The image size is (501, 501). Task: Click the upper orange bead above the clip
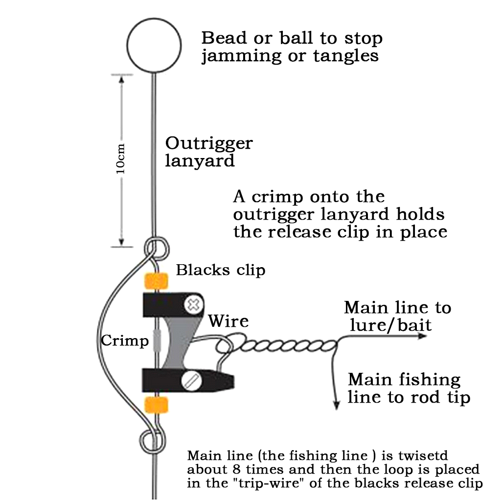point(156,281)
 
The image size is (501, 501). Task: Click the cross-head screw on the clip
point(194,305)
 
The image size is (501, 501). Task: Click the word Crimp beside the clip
point(124,341)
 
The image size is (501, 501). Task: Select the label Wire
point(228,321)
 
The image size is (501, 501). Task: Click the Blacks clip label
point(221,270)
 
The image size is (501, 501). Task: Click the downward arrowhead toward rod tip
point(336,405)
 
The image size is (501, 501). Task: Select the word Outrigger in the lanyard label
point(209,143)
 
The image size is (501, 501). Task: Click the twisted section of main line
point(284,346)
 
